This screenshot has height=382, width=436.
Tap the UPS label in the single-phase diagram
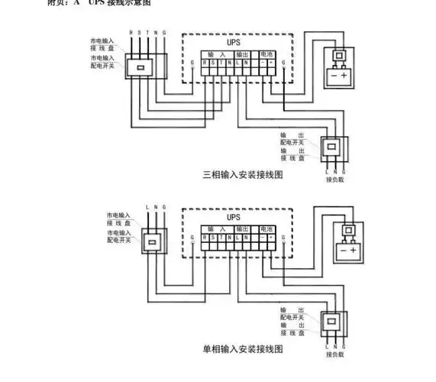(234, 217)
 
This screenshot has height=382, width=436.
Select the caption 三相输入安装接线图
(243, 175)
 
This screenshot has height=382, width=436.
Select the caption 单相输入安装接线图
(243, 349)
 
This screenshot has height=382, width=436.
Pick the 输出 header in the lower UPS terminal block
(241, 229)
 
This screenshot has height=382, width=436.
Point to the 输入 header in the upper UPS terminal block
(217, 55)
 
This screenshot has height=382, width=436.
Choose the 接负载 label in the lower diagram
(333, 354)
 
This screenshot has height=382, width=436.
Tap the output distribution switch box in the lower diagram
(334, 322)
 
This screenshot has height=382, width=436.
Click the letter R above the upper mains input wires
(131, 33)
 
